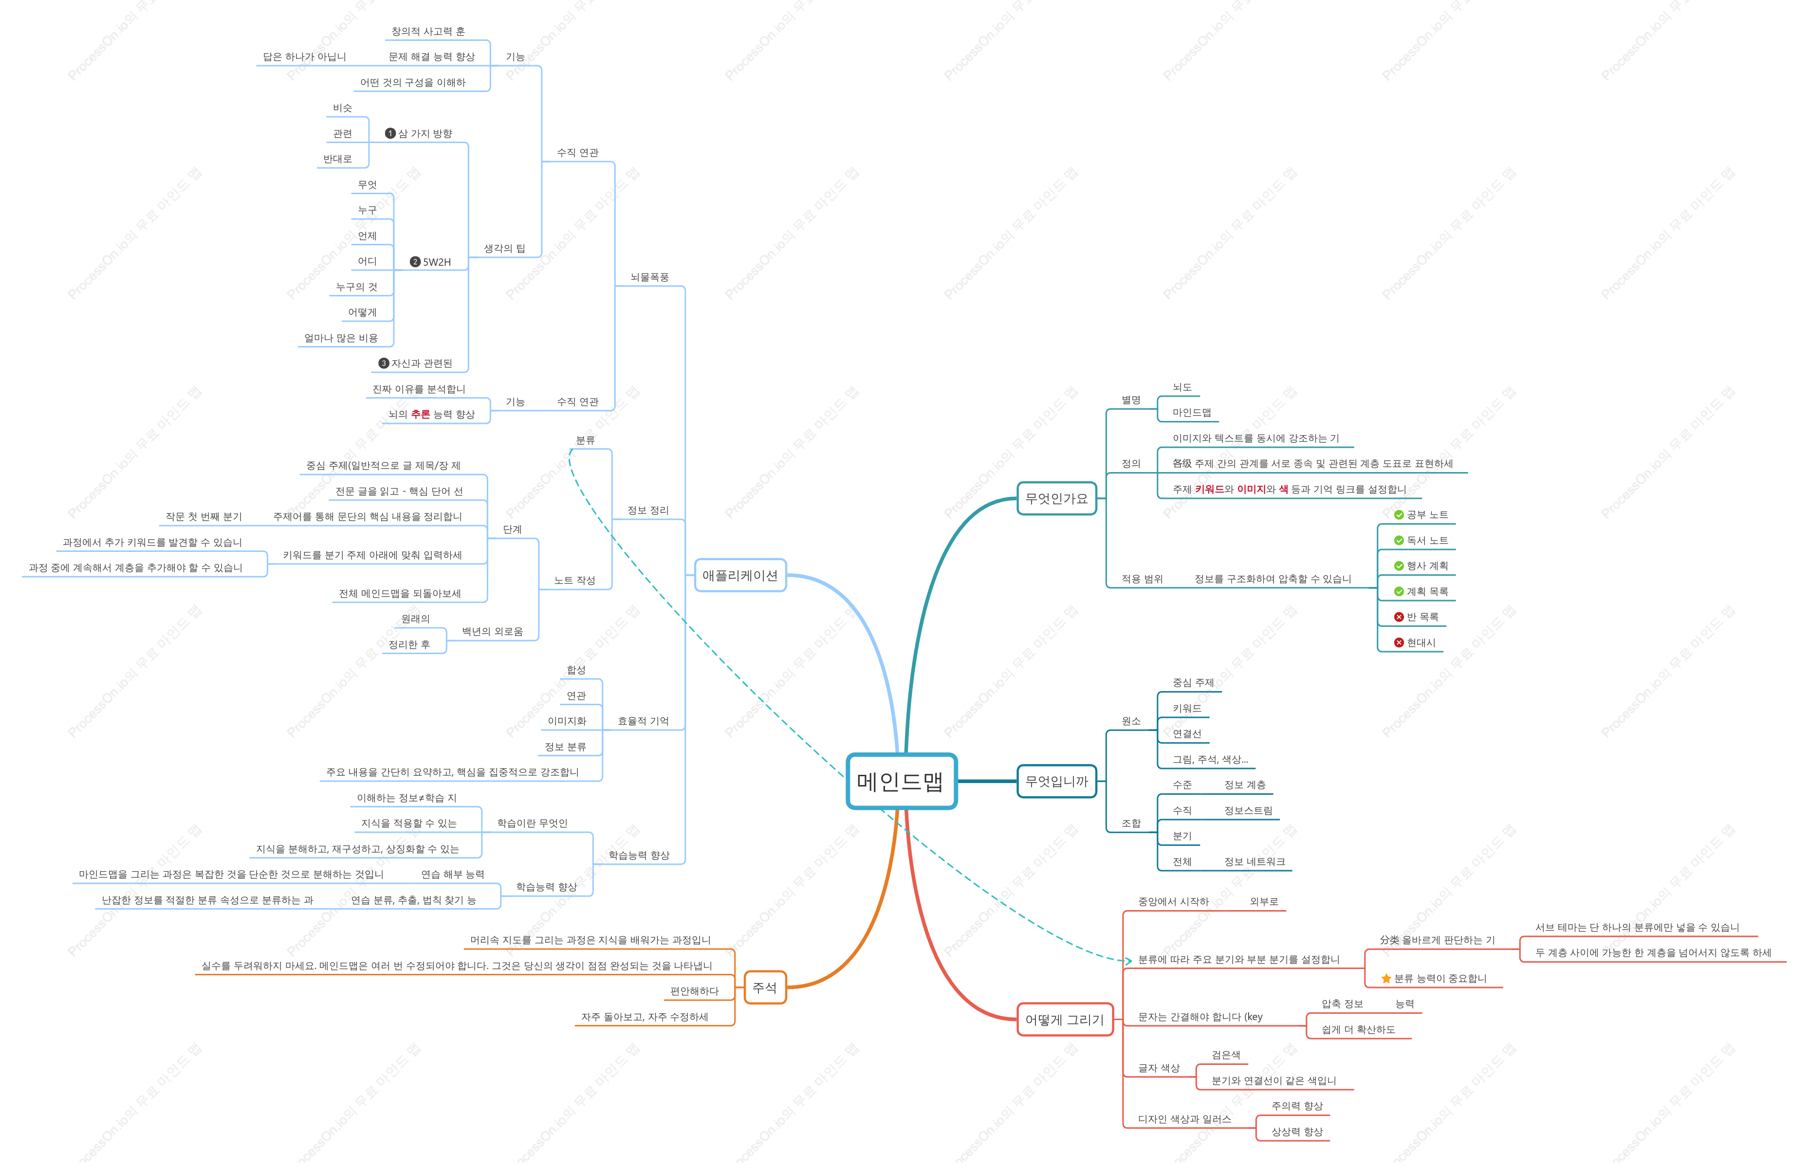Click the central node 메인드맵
click(901, 781)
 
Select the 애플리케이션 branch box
click(740, 575)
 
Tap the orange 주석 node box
click(764, 987)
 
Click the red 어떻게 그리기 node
click(1065, 1020)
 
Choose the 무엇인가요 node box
click(1056, 498)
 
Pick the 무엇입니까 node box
click(1056, 781)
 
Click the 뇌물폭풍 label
click(649, 277)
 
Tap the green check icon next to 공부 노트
click(1399, 515)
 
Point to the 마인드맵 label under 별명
click(1191, 413)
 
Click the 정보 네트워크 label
click(1255, 861)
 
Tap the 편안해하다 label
click(694, 991)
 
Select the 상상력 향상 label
click(1297, 1132)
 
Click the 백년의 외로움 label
click(492, 631)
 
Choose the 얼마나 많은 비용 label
click(340, 338)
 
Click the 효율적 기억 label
click(643, 721)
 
